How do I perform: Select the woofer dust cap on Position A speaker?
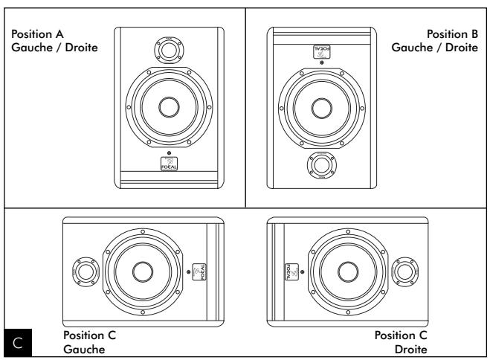(169, 106)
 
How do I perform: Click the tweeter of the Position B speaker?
(321, 163)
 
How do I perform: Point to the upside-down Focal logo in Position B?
(320, 51)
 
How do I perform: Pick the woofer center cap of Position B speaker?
(321, 107)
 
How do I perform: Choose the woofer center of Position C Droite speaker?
(348, 271)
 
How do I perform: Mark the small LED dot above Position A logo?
(169, 152)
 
